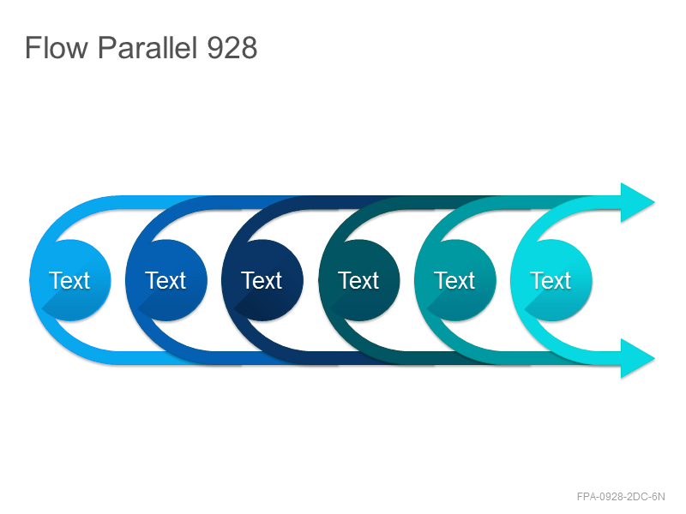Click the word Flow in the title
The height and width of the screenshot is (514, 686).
point(57,47)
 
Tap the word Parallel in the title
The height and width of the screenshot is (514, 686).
point(147,47)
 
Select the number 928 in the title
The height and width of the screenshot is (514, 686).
point(232,48)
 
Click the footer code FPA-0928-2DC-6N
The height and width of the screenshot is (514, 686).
point(621,497)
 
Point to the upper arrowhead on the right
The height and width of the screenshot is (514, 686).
point(637,202)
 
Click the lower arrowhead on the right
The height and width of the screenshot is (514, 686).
point(637,358)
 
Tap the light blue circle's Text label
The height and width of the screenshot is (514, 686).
point(69,280)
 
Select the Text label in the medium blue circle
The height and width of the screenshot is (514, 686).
point(165,280)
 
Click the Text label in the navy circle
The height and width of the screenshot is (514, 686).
point(262,280)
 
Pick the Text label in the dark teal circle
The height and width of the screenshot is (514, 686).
point(358,280)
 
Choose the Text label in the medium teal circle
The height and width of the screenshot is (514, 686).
point(454,280)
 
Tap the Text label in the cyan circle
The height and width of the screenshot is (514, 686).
point(551,280)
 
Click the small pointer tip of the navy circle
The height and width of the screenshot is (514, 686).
point(234,309)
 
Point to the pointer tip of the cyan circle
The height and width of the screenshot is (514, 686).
point(525,309)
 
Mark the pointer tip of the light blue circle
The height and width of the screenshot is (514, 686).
point(42,309)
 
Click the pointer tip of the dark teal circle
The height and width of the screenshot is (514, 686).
point(331,309)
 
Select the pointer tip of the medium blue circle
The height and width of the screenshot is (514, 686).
point(138,309)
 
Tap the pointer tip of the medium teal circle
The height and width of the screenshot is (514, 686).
point(427,309)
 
